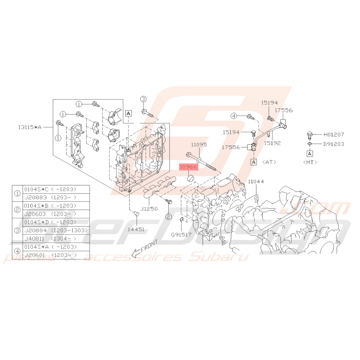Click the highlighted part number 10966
[x=188, y=167]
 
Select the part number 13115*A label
[x=30, y=127]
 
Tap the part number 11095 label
[x=199, y=145]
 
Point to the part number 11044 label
[x=256, y=182]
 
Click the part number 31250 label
[x=149, y=209]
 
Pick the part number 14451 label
[x=136, y=229]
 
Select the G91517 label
[x=181, y=235]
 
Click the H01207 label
[x=334, y=135]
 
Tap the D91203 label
[x=334, y=144]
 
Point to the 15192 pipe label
[x=272, y=143]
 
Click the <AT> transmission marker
[x=269, y=162]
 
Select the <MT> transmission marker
[x=310, y=162]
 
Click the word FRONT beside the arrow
[x=150, y=246]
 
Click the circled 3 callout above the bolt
[x=143, y=99]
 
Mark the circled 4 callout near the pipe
[x=234, y=116]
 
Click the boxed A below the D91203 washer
[x=310, y=154]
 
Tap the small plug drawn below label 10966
[x=191, y=178]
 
